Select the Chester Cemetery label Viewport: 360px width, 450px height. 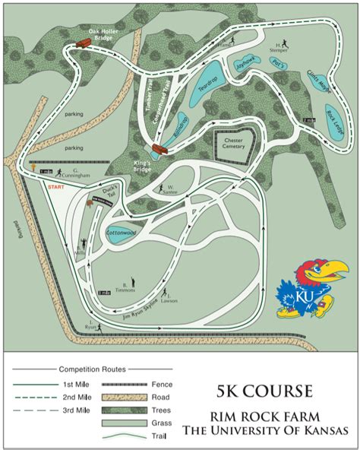[x=233, y=144]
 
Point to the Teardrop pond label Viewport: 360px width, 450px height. [x=209, y=87]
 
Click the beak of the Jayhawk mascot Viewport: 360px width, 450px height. [x=332, y=269]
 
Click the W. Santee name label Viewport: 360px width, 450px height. [x=170, y=187]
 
